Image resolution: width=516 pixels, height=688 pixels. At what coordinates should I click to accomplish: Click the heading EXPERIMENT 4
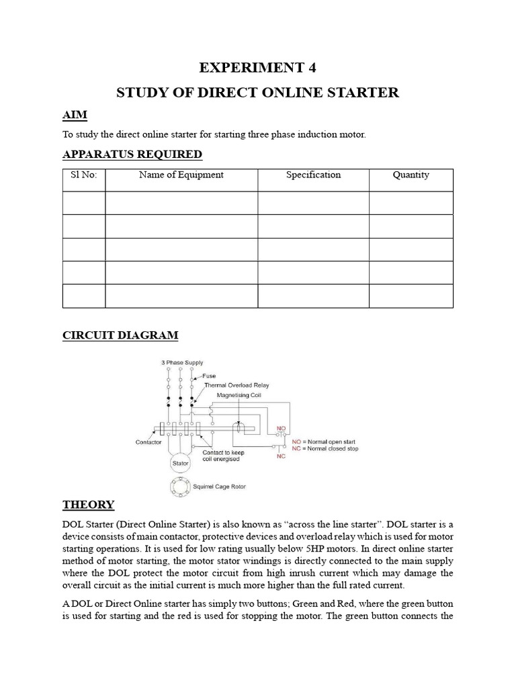[x=258, y=67]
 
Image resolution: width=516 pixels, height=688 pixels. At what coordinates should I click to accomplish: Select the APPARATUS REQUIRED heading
[x=132, y=155]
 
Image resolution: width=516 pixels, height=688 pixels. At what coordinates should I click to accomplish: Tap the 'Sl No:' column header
[x=84, y=175]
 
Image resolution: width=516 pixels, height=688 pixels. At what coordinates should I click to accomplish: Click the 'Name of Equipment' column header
[x=181, y=175]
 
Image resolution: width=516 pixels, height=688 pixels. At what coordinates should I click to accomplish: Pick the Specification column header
[x=313, y=175]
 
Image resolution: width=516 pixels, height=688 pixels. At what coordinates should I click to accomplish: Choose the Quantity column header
[x=411, y=175]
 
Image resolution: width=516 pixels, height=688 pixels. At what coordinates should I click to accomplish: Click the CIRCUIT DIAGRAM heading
[x=120, y=335]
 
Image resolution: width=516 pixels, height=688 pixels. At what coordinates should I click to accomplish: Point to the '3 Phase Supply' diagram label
[x=181, y=363]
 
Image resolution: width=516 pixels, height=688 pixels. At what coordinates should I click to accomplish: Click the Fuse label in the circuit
[x=209, y=376]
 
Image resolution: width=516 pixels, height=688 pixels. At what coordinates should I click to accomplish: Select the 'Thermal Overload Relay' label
[x=232, y=386]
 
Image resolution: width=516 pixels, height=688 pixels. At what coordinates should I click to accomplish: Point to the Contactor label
[x=148, y=443]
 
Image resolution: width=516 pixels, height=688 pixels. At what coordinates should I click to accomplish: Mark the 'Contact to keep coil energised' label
[x=224, y=456]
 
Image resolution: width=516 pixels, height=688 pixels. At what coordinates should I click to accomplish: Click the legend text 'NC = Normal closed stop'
[x=325, y=448]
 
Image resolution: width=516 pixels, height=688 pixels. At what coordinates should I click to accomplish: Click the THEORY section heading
[x=88, y=505]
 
